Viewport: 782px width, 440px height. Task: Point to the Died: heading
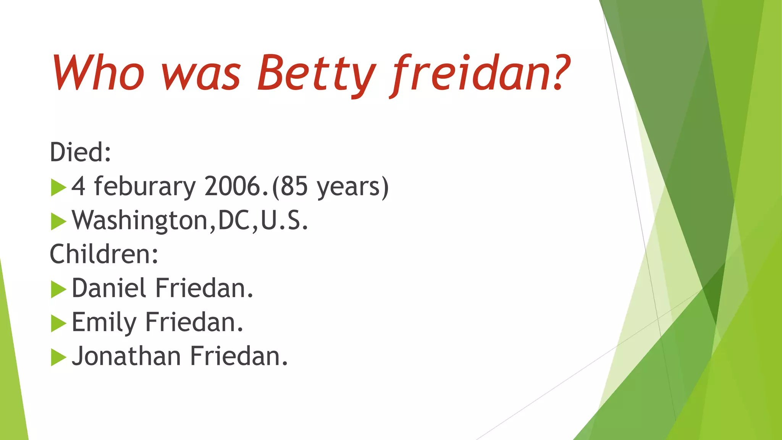80,152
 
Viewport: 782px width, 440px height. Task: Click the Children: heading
104,254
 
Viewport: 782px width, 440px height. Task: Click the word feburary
145,186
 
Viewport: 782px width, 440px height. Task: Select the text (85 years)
330,186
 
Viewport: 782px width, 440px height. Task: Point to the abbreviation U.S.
284,221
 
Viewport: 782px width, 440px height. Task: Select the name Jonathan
126,356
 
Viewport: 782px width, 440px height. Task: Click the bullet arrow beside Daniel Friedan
58,289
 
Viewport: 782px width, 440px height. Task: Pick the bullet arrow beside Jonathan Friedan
58,357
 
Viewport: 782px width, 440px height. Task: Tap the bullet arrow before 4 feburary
58,187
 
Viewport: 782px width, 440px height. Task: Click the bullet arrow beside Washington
58,222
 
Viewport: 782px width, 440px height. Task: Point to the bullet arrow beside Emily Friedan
58,323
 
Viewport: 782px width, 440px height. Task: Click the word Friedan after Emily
194,322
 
